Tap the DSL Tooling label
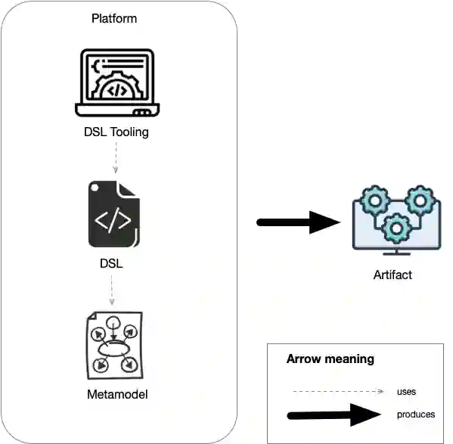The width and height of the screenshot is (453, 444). click(x=116, y=132)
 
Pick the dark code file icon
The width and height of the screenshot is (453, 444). click(x=113, y=213)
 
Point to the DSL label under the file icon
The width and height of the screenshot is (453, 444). click(x=112, y=264)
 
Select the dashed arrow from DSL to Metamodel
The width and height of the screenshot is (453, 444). click(x=112, y=291)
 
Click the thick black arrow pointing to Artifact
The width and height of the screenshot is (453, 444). click(x=299, y=222)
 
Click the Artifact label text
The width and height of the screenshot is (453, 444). click(x=392, y=275)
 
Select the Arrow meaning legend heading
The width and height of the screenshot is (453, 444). click(x=330, y=359)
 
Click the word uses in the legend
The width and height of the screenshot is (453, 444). click(x=406, y=392)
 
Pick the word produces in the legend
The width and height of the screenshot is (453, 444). click(x=415, y=415)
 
